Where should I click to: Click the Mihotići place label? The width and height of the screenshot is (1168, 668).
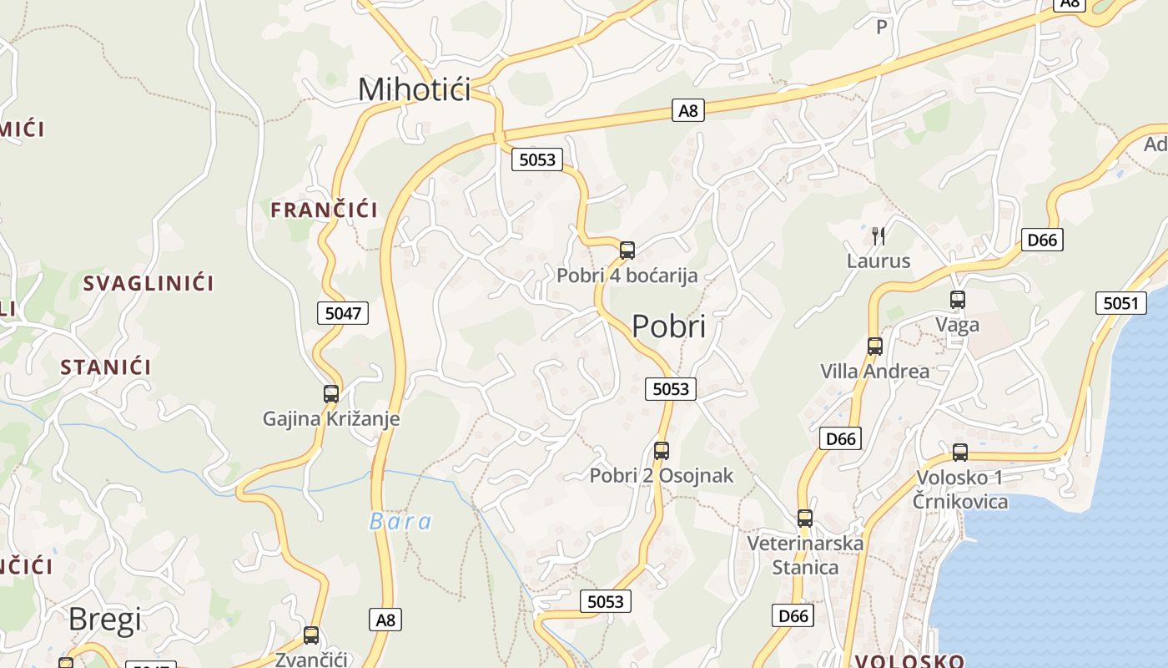tap(414, 89)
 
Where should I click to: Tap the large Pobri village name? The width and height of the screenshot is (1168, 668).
tap(668, 326)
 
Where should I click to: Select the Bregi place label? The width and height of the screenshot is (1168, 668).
tap(105, 620)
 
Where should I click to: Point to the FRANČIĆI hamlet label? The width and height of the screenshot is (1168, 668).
tap(324, 210)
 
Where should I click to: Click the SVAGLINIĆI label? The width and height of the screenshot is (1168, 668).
tap(149, 283)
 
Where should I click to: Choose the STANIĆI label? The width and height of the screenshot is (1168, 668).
tap(106, 367)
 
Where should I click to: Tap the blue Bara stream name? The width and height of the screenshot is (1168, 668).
tap(400, 522)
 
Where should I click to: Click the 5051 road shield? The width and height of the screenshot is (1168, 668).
tap(1120, 303)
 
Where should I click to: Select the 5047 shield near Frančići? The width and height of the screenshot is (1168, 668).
tap(343, 313)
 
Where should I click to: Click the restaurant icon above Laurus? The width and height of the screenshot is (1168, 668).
tap(878, 236)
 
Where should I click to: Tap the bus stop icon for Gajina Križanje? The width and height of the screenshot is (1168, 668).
tap(331, 393)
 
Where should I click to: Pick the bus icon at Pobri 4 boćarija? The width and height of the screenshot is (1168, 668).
tap(627, 250)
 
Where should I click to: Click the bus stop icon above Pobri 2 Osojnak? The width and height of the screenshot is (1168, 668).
tap(662, 451)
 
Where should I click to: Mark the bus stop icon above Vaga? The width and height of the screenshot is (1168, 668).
tap(957, 299)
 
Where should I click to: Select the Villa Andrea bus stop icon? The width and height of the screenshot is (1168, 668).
tap(874, 346)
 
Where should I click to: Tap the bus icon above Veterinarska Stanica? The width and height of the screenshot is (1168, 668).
tap(805, 519)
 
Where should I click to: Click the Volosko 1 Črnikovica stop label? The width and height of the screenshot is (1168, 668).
tap(959, 489)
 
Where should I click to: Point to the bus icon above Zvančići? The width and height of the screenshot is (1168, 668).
tap(311, 635)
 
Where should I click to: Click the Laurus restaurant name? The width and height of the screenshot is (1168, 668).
tap(879, 261)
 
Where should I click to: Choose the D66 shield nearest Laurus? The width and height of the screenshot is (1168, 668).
tap(1042, 240)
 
